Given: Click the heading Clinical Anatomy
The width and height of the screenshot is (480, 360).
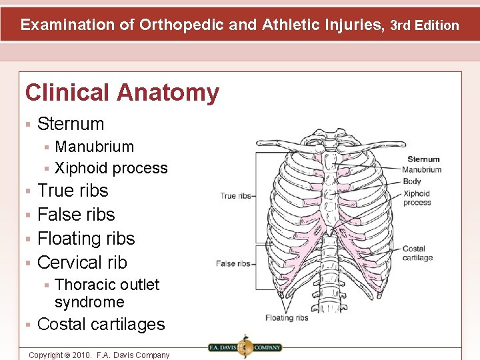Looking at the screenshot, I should pos(122,93).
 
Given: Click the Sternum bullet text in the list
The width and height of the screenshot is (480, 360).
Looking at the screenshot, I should pos(71,124).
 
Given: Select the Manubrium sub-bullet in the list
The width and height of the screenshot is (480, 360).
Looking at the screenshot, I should pos(94,147).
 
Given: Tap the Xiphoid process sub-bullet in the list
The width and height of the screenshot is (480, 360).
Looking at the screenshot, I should pos(111,168).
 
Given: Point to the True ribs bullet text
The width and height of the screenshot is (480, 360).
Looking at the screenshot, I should pos(73,191).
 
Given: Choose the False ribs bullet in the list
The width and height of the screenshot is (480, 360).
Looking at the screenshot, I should pos(76,215).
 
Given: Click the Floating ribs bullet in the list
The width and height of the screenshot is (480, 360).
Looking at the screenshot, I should pos(86,239).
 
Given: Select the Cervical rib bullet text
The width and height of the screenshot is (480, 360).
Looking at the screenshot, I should pos(82,263).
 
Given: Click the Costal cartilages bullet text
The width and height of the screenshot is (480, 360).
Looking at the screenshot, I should pos(101,325).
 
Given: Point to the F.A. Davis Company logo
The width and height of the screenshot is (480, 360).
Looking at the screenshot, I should pos(244,347).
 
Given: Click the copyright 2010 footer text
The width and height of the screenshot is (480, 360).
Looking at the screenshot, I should pos(99,355).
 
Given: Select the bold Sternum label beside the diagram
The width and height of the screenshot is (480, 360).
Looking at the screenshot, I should pos(423,159).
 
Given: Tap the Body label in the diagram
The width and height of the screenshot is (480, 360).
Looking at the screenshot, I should pos(411,181).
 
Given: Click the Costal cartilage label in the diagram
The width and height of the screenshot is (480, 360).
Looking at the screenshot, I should pos(417,253).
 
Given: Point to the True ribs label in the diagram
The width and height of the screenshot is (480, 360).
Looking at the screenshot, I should pos(235,196).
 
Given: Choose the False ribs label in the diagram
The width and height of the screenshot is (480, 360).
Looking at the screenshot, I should pos(233,264).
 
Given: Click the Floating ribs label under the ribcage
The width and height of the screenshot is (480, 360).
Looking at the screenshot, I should pos(287,317).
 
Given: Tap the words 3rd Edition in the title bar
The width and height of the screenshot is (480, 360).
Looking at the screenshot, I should pos(425,26).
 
